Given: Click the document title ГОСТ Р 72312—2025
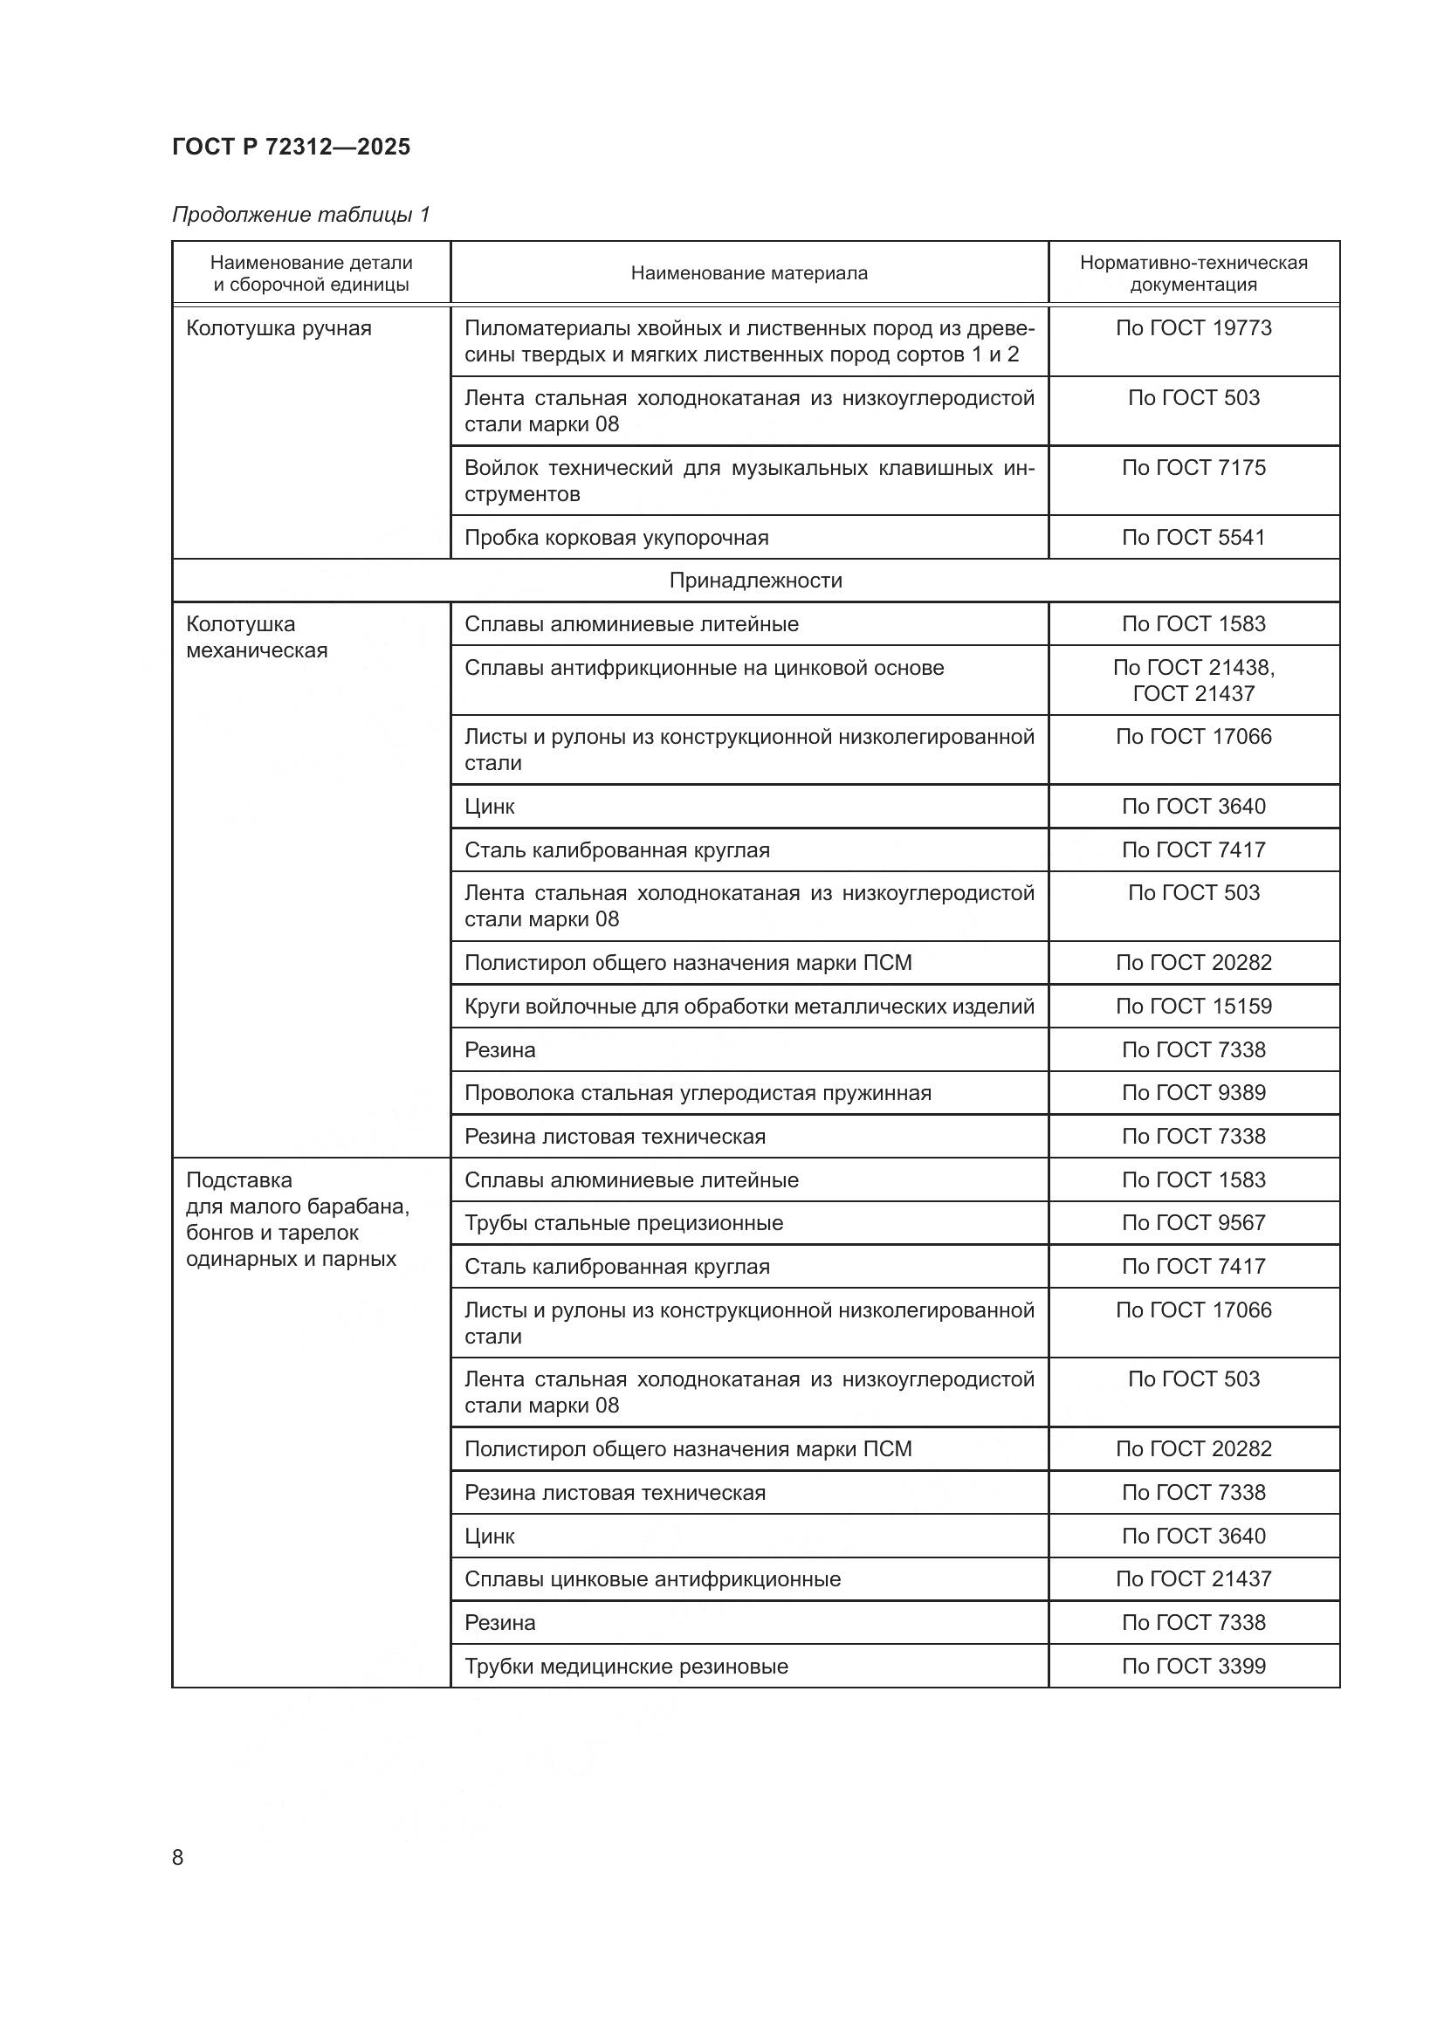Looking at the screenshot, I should pyautogui.click(x=291, y=147).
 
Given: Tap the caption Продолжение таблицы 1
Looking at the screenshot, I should pyautogui.click(x=300, y=215).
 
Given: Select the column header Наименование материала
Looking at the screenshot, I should pyautogui.click(x=749, y=273).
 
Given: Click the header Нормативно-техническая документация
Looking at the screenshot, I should pyautogui.click(x=1193, y=273).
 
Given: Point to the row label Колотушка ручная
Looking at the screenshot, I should pyautogui.click(x=278, y=328).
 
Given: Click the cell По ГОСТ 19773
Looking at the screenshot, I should pyautogui.click(x=1193, y=328).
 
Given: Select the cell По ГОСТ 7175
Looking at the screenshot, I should pyautogui.click(x=1193, y=468).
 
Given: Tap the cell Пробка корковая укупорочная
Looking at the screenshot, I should pyautogui.click(x=616, y=537).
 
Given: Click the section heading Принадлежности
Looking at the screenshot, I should pyautogui.click(x=755, y=581).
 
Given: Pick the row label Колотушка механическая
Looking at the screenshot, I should pyautogui.click(x=256, y=636).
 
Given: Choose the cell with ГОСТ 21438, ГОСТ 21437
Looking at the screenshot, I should pyautogui.click(x=1193, y=680).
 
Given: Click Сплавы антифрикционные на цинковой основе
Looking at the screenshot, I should pyautogui.click(x=704, y=668).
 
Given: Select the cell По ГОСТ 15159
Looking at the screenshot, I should pyautogui.click(x=1193, y=1006).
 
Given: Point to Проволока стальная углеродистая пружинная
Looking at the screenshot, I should pyautogui.click(x=697, y=1093).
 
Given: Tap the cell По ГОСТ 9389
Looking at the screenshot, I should pyautogui.click(x=1193, y=1093).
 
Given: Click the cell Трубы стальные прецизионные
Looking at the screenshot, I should pyautogui.click(x=623, y=1223).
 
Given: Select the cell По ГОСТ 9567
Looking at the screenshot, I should pyautogui.click(x=1193, y=1223).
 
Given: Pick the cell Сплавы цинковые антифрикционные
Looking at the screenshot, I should pyautogui.click(x=652, y=1579).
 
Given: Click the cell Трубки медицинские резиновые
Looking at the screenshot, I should pyautogui.click(x=626, y=1667).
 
